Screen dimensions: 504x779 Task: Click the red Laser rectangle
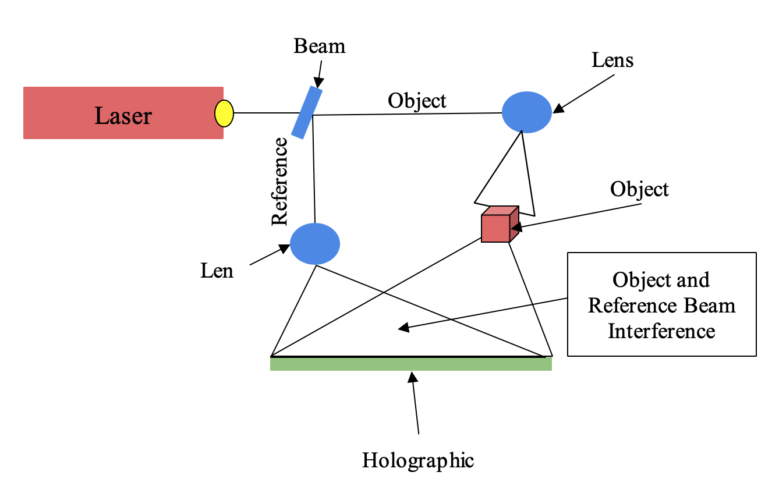[58, 113]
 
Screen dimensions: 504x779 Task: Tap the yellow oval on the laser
[224, 113]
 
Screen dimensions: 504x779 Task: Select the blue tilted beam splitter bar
[307, 112]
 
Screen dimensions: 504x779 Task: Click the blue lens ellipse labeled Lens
[527, 112]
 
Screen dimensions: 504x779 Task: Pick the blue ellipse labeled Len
[315, 244]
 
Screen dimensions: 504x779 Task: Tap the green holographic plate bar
[410, 364]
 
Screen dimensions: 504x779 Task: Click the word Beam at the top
[319, 46]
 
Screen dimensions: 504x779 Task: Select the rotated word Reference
[280, 181]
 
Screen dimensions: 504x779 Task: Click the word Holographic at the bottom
[418, 460]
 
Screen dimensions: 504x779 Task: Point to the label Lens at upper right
[612, 60]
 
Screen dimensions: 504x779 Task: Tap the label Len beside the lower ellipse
[217, 270]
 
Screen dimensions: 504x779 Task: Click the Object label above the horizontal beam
[417, 101]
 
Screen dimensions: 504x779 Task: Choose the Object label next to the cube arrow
[639, 189]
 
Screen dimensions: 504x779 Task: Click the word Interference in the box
[661, 331]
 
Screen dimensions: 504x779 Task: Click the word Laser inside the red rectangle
[123, 116]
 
